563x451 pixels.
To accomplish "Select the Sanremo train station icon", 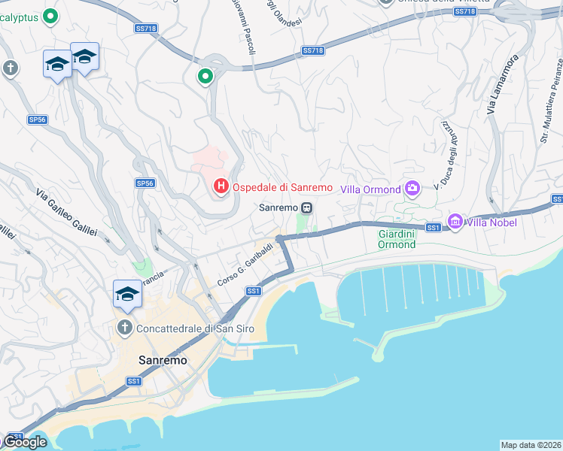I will (x=306, y=207).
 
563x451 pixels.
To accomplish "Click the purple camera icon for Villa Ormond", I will (x=412, y=188).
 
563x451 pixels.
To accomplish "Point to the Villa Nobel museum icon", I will (x=455, y=221).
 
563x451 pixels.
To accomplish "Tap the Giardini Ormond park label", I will (x=397, y=239).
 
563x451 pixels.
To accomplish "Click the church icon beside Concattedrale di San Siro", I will (x=125, y=328).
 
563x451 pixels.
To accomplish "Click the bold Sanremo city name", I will (x=163, y=360).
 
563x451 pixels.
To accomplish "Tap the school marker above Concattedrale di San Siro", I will (x=127, y=294).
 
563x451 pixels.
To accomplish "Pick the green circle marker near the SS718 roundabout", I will (x=205, y=76).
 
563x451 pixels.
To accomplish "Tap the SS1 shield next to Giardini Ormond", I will (x=433, y=227).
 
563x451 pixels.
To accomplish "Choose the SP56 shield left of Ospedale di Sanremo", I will (x=145, y=183).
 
